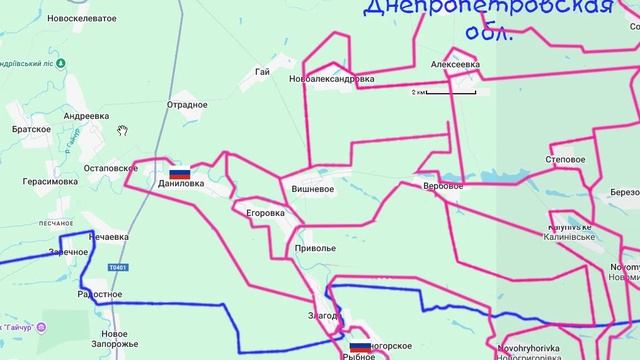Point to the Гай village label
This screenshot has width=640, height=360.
(263, 72)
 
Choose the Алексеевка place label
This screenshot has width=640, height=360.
(455, 64)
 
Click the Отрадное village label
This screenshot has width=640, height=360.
(187, 105)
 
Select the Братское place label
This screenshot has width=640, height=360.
(31, 129)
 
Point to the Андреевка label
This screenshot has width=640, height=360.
(86, 116)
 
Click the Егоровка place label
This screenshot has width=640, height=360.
(265, 213)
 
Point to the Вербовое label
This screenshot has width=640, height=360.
(443, 186)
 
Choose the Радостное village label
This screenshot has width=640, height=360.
(100, 295)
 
